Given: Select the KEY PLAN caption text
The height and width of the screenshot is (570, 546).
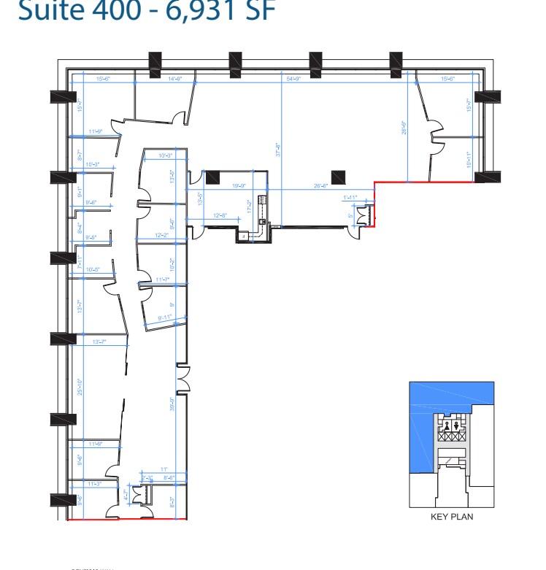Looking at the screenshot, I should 452,517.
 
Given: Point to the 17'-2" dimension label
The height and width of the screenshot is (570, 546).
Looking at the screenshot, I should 250,206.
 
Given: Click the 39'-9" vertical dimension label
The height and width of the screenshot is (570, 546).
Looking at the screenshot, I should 172,404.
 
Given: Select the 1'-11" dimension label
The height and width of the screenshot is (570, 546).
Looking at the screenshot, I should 350,198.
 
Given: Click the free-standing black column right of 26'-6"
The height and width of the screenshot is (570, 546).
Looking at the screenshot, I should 339,177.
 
